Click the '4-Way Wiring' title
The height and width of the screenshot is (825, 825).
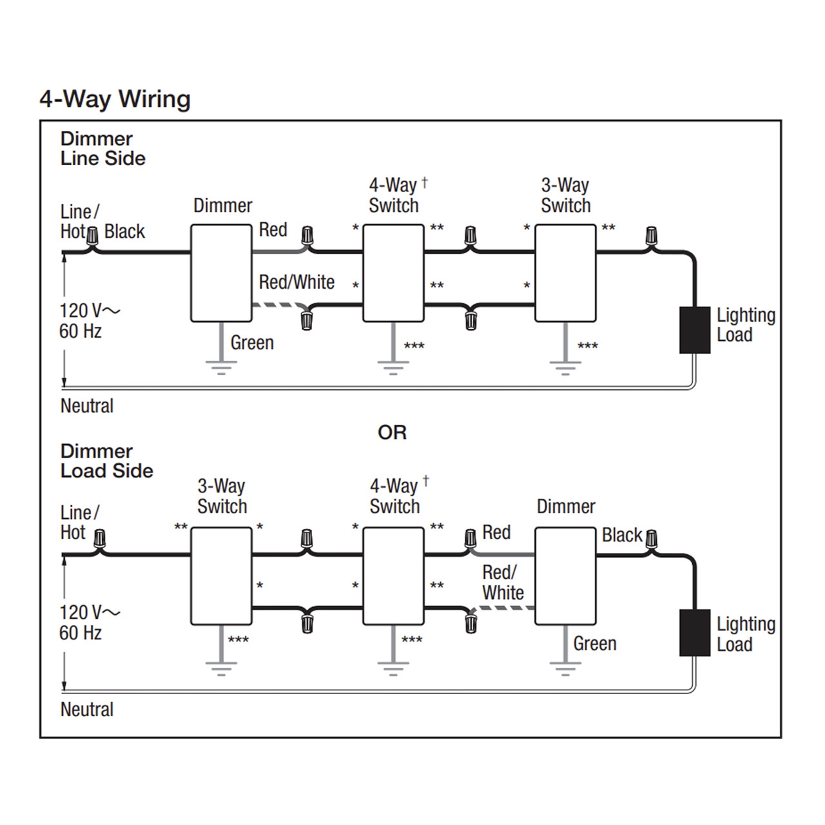point(115,99)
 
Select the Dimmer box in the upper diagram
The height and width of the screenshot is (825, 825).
point(221,273)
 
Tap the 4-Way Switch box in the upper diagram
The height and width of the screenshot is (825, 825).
point(393,273)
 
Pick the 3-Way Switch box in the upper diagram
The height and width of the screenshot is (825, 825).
point(565,273)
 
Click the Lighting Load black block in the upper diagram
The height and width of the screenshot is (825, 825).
point(695,330)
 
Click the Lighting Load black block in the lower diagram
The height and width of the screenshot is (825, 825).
point(695,632)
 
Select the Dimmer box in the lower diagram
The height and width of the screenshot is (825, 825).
point(565,576)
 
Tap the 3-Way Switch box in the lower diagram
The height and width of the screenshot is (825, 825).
point(221,576)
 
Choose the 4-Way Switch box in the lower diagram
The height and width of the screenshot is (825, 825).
point(393,576)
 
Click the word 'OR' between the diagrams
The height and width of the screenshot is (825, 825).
point(392,432)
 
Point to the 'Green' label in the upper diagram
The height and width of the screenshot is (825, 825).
point(252,343)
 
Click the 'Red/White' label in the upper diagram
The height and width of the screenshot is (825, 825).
point(296,282)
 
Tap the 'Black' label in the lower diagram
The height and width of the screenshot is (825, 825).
point(622,535)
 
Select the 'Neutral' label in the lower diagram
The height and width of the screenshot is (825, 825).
point(87,710)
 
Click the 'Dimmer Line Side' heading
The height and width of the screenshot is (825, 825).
point(102,148)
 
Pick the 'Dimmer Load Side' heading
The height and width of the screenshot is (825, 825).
point(106,461)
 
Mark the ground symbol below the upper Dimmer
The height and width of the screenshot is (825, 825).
point(221,369)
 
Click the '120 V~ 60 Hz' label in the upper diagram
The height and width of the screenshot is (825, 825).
point(88,320)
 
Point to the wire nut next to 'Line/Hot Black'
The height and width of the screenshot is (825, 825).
point(93,235)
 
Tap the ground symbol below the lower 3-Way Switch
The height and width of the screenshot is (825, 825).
point(221,669)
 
